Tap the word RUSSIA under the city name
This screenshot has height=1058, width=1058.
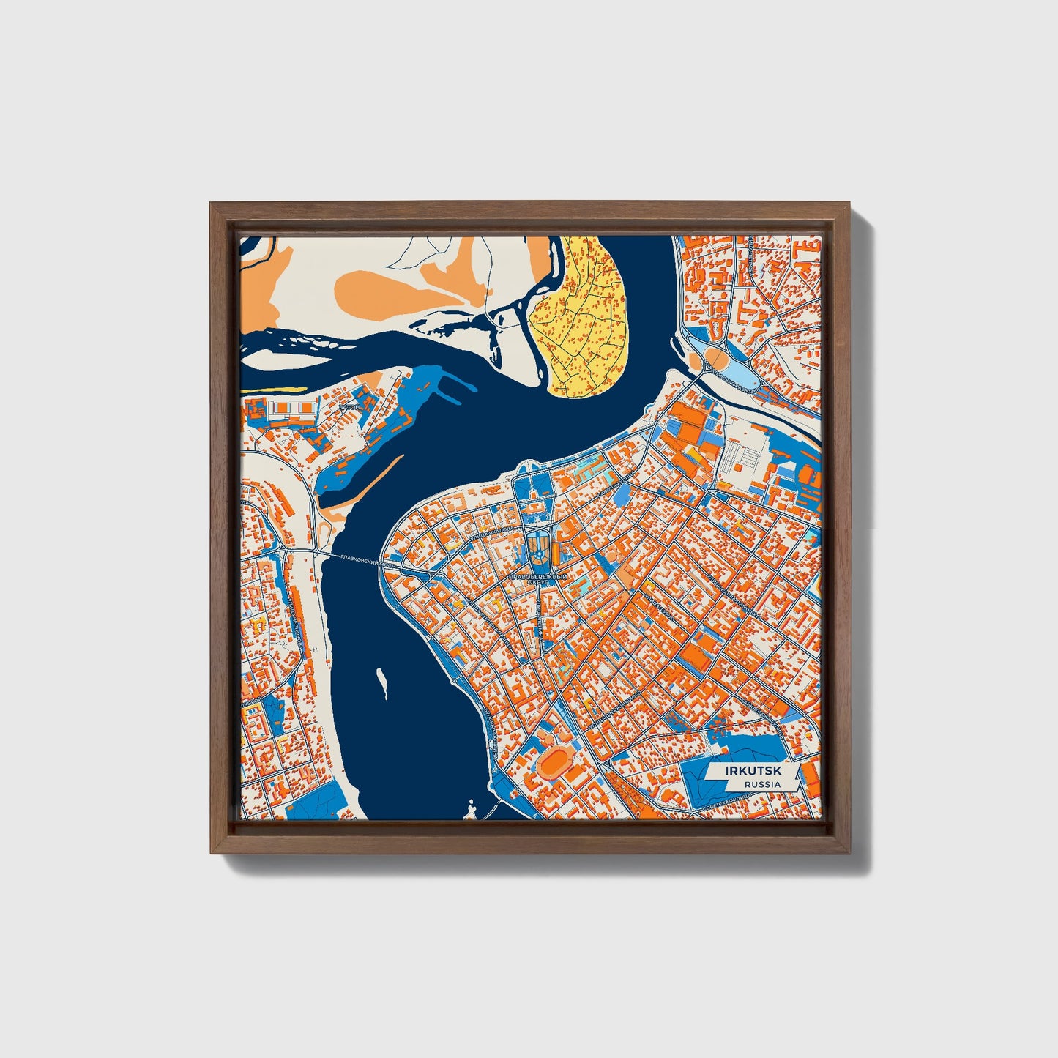[761, 784]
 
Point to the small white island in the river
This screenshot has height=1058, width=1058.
[381, 682]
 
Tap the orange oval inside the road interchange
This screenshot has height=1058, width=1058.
[715, 358]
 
